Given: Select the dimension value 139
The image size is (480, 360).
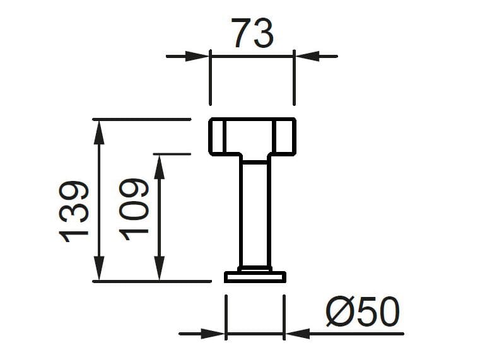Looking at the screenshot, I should tap(74, 211).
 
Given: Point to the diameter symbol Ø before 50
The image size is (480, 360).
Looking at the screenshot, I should tap(340, 313).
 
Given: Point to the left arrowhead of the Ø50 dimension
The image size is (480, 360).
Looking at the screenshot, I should tap(214, 333).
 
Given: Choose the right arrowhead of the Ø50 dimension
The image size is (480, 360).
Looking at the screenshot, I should tap(296, 333).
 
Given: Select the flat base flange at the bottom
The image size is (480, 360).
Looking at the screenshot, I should tap(255, 277).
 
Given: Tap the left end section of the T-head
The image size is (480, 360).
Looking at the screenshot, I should tap(217, 136).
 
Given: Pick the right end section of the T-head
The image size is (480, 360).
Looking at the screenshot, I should tap(285, 136).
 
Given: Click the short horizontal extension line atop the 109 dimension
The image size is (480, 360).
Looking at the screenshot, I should tap(172, 153).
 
